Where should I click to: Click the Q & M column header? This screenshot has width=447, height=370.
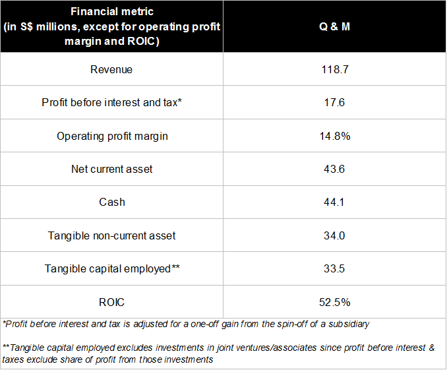point(334,26)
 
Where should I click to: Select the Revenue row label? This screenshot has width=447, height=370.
point(111,70)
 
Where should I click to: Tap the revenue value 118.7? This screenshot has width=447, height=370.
point(335,70)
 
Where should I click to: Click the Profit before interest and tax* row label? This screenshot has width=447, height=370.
point(112,102)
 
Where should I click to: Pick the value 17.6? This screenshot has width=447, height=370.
point(334,102)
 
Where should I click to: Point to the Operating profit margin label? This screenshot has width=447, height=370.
point(112,137)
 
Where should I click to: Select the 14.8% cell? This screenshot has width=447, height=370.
point(335,136)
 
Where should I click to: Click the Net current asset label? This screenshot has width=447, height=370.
point(112,169)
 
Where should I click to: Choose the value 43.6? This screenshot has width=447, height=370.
point(334,169)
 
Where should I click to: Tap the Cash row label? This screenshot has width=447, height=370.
point(112,202)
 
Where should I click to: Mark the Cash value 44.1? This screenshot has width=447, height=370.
point(334,202)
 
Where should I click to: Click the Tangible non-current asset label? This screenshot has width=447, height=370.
point(112,236)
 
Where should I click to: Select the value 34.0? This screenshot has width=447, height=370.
point(334,235)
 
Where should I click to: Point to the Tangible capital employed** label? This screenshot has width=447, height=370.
point(112,269)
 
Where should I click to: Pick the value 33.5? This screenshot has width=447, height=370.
point(334,268)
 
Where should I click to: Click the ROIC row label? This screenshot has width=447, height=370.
point(112,302)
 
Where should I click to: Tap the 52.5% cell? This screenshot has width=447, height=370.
point(335,302)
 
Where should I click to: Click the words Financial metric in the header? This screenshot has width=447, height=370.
point(112,12)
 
